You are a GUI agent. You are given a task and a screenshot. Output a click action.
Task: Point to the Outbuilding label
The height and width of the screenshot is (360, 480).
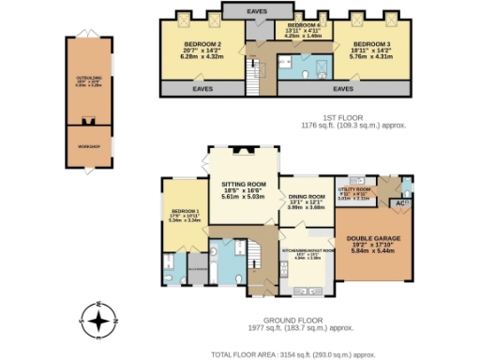tap(88, 80)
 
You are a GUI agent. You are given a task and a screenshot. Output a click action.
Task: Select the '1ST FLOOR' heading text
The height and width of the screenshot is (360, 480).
tap(352, 115)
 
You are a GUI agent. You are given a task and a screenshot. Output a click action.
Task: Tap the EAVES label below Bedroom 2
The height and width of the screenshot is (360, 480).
tap(202, 89)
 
